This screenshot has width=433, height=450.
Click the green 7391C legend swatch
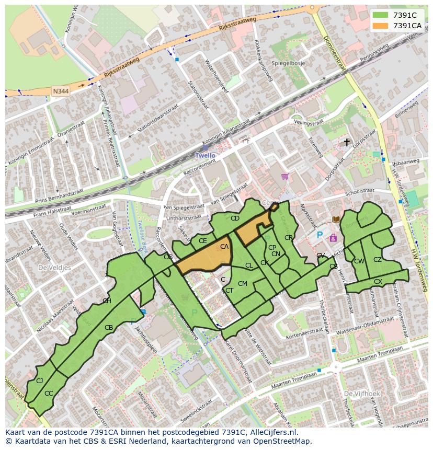coord(380,15)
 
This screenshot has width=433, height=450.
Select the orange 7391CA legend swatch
coord(380,26)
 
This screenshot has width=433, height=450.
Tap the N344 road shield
coord(60,91)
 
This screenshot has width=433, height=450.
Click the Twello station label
coord(205,156)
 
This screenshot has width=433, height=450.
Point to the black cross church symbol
coord(346,142)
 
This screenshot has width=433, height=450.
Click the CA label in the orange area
coord(224,247)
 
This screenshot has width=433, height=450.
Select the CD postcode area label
coord(235,218)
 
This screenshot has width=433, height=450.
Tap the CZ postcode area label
coord(378,260)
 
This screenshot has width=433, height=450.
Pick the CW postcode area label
coord(359,261)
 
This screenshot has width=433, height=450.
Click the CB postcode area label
coord(109,328)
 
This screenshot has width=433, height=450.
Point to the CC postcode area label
coord(49,393)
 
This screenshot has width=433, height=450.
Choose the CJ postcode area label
coord(39,381)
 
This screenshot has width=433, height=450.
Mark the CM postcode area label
coord(242,284)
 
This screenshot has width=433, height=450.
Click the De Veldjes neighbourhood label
coord(54,267)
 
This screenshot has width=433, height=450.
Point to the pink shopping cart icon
coord(284,176)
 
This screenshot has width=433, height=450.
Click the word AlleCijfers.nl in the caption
coord(272,433)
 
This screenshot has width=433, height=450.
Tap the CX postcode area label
coord(378,282)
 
